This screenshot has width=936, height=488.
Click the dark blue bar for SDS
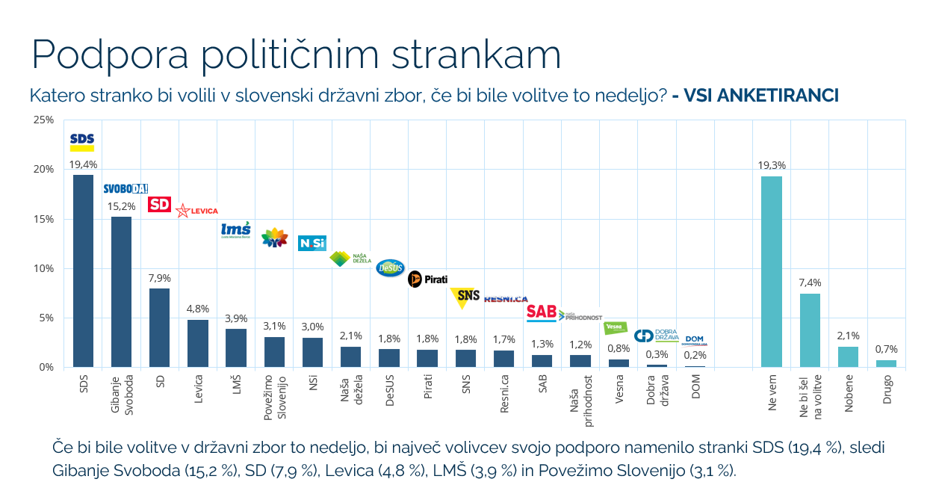pyautogui.click(x=83, y=271)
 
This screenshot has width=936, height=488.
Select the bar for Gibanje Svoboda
pyautogui.click(x=121, y=291)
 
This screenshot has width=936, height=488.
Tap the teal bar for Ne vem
pyautogui.click(x=772, y=271)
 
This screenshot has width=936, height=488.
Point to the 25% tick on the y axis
pyautogui.click(x=43, y=120)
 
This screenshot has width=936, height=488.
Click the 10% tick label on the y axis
pyautogui.click(x=43, y=268)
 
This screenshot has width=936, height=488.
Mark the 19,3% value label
pyautogui.click(x=772, y=165)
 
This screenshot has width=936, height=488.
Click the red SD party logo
pyautogui.click(x=159, y=204)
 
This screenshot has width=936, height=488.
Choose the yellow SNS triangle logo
pyautogui.click(x=465, y=297)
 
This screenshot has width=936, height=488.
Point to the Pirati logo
pyautogui.click(x=427, y=279)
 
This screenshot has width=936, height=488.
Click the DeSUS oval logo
pyautogui.click(x=389, y=266)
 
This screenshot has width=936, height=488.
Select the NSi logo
pyautogui.click(x=312, y=243)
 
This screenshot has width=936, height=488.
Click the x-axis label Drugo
pyautogui.click(x=887, y=389)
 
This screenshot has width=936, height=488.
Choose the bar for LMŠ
pyautogui.click(x=235, y=348)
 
